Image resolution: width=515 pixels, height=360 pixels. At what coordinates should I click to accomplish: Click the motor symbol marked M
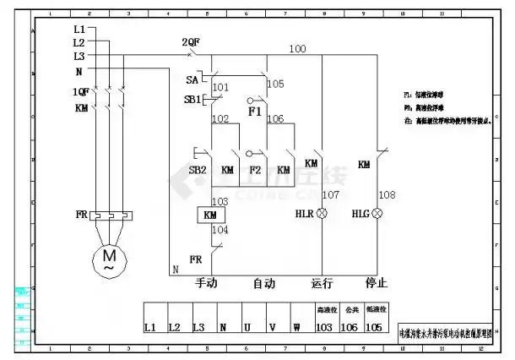click(x=109, y=257)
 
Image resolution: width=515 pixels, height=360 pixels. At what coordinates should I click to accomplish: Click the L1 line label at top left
click(x=79, y=29)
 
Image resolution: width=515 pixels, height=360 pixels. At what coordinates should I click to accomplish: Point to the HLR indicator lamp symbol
click(x=322, y=215)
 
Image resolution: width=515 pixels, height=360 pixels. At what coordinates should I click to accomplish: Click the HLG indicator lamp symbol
click(x=377, y=215)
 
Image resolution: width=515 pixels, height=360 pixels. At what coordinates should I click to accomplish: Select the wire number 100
click(x=297, y=49)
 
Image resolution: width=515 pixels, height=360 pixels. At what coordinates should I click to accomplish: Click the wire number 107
click(x=331, y=195)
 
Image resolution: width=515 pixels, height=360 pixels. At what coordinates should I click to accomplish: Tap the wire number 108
click(x=387, y=195)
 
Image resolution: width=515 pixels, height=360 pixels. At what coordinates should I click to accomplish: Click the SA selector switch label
click(x=192, y=79)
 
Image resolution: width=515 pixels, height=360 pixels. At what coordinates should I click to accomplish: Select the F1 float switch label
click(x=253, y=111)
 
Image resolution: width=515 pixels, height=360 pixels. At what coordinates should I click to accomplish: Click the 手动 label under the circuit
click(x=207, y=284)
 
